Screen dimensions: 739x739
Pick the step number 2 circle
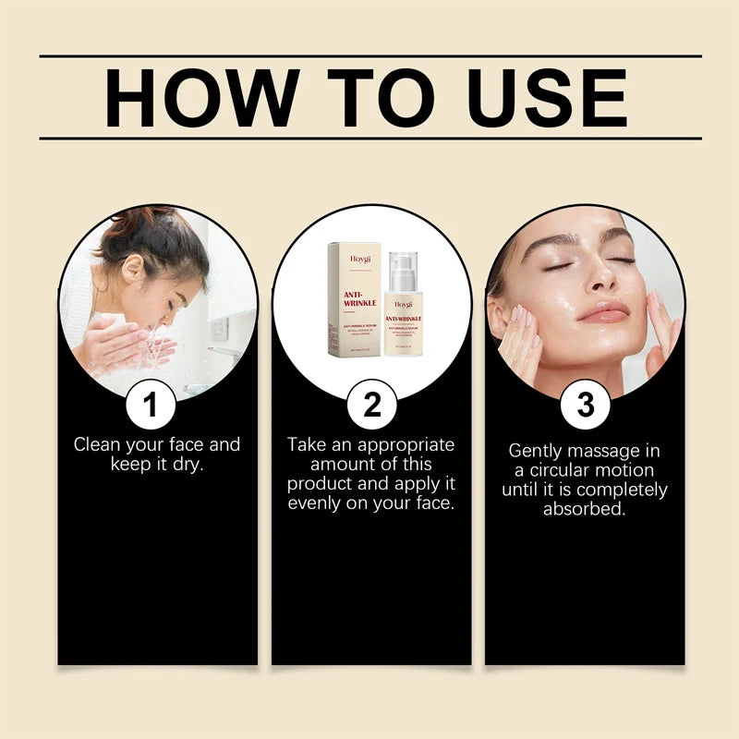[371, 404]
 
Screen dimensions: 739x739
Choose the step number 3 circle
[585, 404]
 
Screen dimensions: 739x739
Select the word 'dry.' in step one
[186, 464]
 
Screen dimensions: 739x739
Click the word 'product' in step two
[321, 484]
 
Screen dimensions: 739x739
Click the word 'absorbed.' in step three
[584, 509]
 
